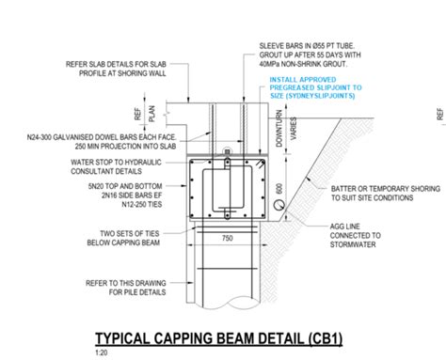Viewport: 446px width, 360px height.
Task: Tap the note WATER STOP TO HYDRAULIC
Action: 113,162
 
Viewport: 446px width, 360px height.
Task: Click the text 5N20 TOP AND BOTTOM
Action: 121,185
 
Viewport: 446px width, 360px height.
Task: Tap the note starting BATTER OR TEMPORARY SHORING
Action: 377,190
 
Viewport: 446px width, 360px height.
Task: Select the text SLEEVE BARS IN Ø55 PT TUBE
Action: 311,44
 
